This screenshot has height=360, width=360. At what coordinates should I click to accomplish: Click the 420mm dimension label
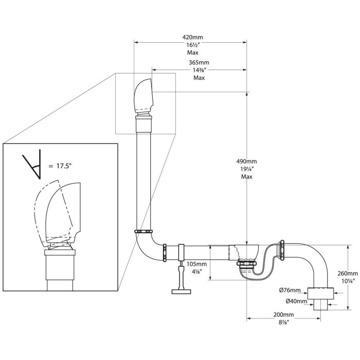point(192,37)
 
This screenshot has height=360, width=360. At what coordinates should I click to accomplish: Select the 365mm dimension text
point(199,62)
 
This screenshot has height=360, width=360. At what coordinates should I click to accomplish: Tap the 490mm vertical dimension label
point(246,161)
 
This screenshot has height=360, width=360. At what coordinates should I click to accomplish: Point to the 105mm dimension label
point(196,264)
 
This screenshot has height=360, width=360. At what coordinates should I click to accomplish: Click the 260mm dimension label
point(348,273)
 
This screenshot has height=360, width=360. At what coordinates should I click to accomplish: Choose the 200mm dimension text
point(283,315)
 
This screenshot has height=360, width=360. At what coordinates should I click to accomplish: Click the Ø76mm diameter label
point(290,290)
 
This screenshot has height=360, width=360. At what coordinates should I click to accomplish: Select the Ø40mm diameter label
point(296,301)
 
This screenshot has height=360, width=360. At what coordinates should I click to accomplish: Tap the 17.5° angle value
point(64,166)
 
